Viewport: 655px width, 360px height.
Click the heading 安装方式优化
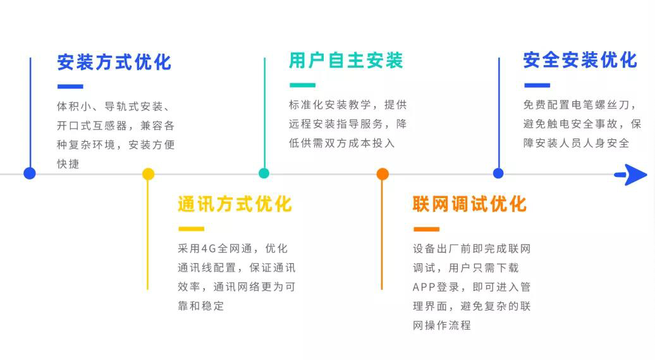114,62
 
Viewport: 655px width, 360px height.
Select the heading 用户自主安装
346,61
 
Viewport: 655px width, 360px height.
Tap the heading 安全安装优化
580,60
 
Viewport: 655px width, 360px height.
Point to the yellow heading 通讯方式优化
235,204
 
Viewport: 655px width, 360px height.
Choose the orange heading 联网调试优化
469,204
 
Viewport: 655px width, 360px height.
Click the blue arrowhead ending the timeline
633,175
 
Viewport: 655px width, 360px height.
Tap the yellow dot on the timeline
148,174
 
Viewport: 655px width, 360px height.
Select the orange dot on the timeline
383,174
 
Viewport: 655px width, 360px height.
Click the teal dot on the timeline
264,173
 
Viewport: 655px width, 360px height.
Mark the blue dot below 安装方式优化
30,173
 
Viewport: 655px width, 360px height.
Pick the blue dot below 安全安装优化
498,173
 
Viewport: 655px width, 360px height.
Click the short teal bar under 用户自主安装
302,85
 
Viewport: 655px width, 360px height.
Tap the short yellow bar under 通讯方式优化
191,228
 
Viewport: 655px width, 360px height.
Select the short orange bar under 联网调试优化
426,229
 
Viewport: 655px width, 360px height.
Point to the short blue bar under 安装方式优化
70,87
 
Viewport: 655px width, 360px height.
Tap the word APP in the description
424,287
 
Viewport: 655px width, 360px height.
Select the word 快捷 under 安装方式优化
68,164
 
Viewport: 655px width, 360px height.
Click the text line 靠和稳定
201,306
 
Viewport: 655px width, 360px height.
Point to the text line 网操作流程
442,325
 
